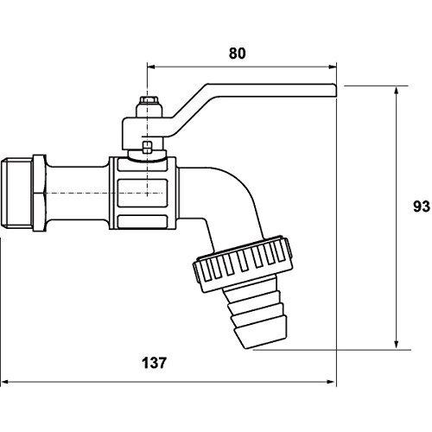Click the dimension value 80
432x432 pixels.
click(238, 54)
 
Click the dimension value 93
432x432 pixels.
click(422, 206)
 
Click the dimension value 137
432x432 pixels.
click(154, 363)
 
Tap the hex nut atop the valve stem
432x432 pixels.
click(147, 101)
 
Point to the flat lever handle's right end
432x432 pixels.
click(336, 90)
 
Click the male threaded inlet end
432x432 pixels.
click(16, 193)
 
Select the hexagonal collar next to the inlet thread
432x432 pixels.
click(39, 193)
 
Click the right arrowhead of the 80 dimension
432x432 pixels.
click(333, 67)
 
